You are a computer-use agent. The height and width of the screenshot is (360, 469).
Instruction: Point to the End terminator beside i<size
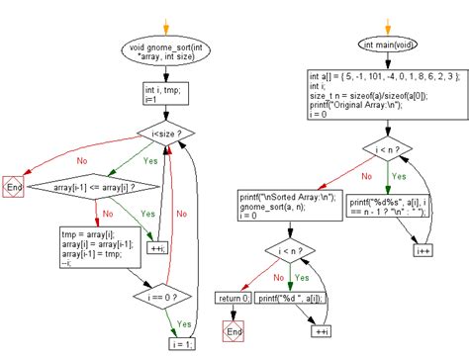15,186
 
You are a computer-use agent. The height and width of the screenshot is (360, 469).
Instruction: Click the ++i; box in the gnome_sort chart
158,246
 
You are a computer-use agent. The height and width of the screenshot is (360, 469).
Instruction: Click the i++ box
422,251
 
